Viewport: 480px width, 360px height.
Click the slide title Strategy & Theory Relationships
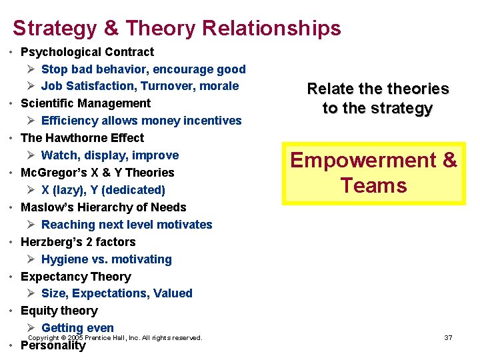pyautogui.click(x=177, y=28)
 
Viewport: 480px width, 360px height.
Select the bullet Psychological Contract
pyautogui.click(x=87, y=52)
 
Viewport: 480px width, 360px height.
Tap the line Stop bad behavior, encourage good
pyautogui.click(x=143, y=69)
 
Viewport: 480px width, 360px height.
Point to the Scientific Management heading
pyautogui.click(x=85, y=103)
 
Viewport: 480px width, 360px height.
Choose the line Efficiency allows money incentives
pyautogui.click(x=141, y=121)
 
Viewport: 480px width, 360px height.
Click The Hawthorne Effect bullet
pyautogui.click(x=82, y=138)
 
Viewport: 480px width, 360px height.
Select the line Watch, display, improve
pyautogui.click(x=109, y=155)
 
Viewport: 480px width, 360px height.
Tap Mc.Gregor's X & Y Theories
pyautogui.click(x=97, y=173)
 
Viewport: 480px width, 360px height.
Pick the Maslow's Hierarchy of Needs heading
pyautogui.click(x=103, y=207)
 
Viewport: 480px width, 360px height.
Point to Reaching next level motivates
pyautogui.click(x=126, y=225)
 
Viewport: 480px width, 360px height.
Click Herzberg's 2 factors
pyautogui.click(x=78, y=242)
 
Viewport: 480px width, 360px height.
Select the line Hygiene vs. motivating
pyautogui.click(x=106, y=259)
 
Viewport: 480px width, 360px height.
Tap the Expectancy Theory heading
pyautogui.click(x=75, y=277)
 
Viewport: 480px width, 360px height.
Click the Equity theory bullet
pyautogui.click(x=59, y=311)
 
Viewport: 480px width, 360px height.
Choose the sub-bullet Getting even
pyautogui.click(x=77, y=328)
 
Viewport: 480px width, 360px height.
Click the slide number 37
pyautogui.click(x=448, y=338)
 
